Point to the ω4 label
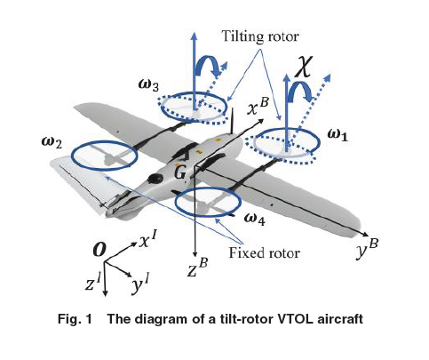point(255,216)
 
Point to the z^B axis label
point(197,267)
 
